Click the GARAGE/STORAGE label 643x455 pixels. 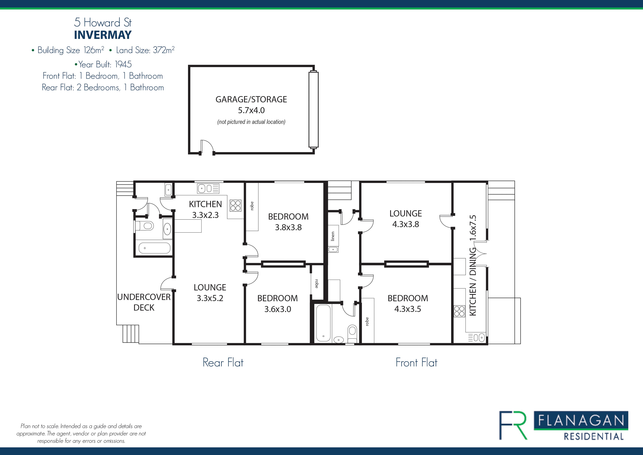pos(251,99)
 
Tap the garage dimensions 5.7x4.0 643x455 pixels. pos(251,110)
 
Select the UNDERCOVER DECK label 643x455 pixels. pos(144,302)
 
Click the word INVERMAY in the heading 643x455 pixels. pos(103,35)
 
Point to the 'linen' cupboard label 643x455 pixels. pos(333,236)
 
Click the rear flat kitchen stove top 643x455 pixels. pos(236,205)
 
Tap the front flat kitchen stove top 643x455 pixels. pos(459,311)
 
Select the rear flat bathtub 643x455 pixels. pos(155,248)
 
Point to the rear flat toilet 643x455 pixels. pos(144,225)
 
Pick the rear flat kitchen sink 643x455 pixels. pos(208,188)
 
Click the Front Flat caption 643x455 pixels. pos(416,363)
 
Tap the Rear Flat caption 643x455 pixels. pos(223,363)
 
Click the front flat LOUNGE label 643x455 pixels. pos(405,214)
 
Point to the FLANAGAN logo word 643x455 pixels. pos(581,421)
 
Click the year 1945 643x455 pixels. pos(123,64)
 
